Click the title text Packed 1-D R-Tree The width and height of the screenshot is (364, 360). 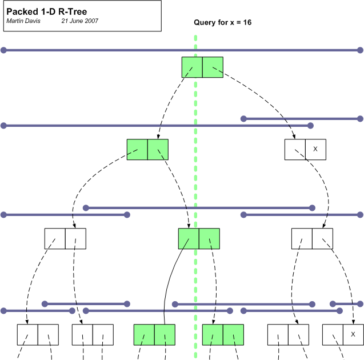click(46, 11)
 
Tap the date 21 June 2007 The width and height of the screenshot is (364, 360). click(80, 21)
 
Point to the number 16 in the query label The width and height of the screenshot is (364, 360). click(247, 23)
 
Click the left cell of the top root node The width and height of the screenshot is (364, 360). click(192, 67)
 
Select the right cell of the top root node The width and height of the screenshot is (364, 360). click(213, 67)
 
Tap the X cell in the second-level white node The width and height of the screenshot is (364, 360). click(315, 149)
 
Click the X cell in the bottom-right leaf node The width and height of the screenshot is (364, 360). click(353, 334)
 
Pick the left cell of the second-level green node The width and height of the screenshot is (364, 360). click(137, 149)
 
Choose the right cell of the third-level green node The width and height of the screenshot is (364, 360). click(209, 238)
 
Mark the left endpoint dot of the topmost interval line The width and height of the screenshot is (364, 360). click(4, 50)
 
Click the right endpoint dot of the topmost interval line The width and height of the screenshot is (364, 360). click(360, 50)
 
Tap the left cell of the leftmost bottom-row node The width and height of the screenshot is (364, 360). click(27, 334)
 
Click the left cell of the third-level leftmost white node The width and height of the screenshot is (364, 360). click(55, 238)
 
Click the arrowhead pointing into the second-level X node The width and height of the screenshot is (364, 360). click(294, 137)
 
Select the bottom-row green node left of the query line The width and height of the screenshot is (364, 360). click(154, 334)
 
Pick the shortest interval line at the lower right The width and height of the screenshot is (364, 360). click(346, 304)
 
